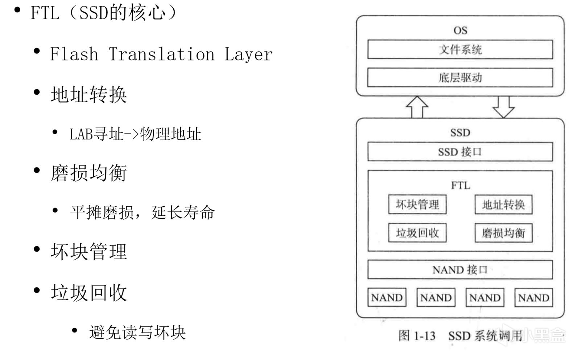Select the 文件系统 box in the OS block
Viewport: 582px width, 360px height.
click(460, 49)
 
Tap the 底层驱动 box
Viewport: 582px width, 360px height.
click(460, 78)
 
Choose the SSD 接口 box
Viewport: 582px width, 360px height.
click(460, 152)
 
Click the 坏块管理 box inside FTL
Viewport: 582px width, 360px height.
click(417, 204)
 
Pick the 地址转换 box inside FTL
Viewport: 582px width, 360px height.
click(503, 205)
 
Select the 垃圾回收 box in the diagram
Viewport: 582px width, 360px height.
click(417, 233)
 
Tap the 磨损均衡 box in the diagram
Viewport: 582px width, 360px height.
click(503, 233)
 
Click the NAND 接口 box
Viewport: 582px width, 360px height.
click(460, 270)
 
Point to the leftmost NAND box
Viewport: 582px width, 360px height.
click(387, 298)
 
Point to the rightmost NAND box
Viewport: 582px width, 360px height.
click(534, 298)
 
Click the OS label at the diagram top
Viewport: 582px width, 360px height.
click(460, 30)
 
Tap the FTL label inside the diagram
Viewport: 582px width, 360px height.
click(461, 186)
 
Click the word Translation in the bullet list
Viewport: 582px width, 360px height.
click(161, 54)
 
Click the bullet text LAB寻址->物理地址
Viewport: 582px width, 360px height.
click(135, 134)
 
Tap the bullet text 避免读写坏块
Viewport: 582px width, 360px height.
click(137, 332)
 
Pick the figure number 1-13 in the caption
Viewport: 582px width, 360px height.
click(424, 336)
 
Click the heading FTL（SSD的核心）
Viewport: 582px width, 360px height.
click(103, 13)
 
